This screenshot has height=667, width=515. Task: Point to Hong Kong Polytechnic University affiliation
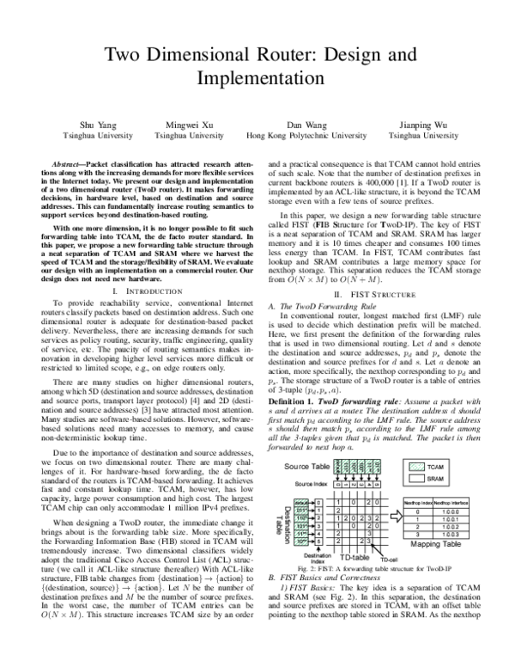pyautogui.click(x=306, y=136)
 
